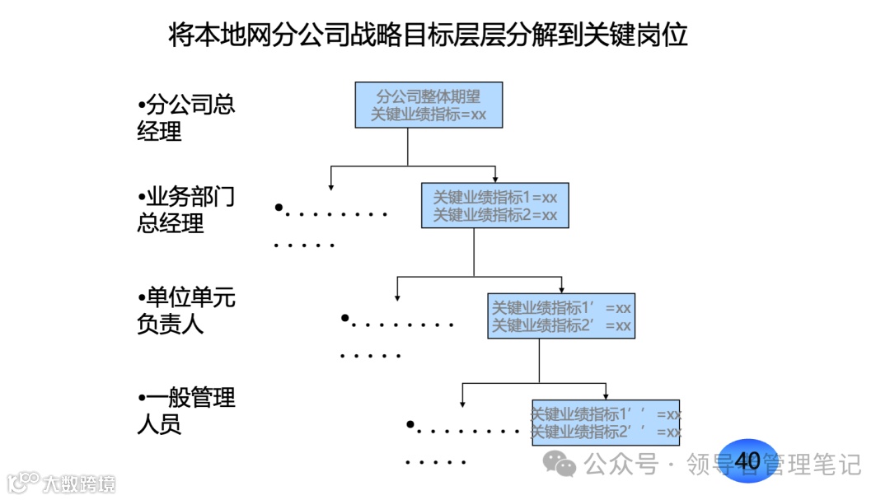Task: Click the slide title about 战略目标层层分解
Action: (x=428, y=35)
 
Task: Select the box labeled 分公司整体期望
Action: (x=429, y=105)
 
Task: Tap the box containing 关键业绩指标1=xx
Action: (x=495, y=205)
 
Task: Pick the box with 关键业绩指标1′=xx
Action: (x=561, y=315)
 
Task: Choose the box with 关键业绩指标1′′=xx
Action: (x=606, y=423)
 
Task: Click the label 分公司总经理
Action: (x=186, y=118)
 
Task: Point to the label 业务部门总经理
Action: (x=186, y=210)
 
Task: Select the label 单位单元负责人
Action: (x=186, y=311)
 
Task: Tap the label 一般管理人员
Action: (x=186, y=411)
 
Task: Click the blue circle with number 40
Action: (x=747, y=460)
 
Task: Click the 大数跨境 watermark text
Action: (x=80, y=483)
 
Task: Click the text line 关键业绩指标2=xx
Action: (x=495, y=215)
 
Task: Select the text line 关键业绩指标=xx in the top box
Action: (x=429, y=114)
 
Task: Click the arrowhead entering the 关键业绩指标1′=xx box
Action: (x=561, y=289)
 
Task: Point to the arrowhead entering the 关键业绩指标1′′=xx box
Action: (x=606, y=395)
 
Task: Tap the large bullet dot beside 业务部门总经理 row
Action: (x=279, y=208)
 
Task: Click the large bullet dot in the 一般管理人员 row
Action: (x=410, y=424)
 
